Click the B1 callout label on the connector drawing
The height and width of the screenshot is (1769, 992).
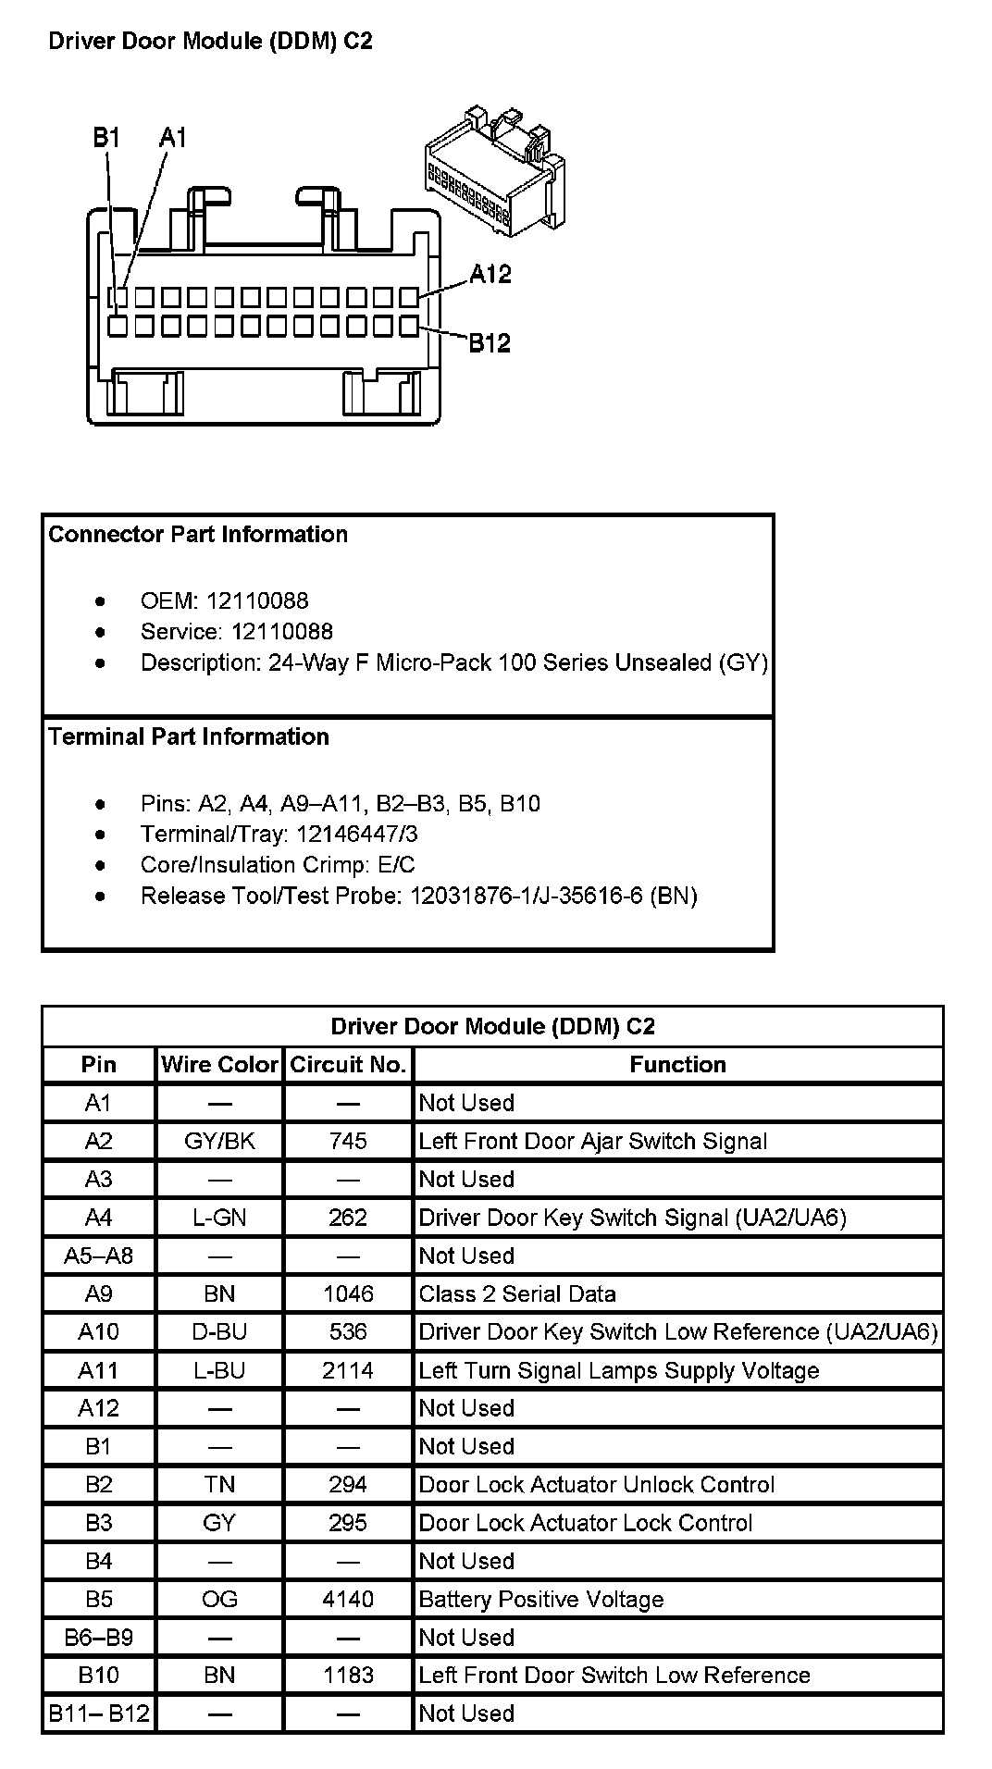click(106, 138)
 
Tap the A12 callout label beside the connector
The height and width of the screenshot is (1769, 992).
click(490, 274)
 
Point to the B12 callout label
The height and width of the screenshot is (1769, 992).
click(489, 343)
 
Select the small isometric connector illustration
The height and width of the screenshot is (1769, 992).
click(494, 171)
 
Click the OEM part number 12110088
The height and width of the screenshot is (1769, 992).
click(257, 601)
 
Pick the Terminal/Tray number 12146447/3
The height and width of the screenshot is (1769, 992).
click(356, 835)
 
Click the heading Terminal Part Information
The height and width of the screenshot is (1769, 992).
click(189, 736)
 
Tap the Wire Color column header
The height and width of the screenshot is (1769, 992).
click(219, 1065)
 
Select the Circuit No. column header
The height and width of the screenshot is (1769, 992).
click(348, 1065)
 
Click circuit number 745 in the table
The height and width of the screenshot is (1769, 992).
click(348, 1141)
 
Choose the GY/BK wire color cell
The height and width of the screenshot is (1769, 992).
click(219, 1141)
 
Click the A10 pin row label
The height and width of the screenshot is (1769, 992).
click(98, 1331)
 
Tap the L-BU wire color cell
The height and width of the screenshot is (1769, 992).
click(219, 1370)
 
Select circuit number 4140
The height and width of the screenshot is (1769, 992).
click(348, 1599)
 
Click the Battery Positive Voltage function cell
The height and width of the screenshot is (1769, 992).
click(541, 1599)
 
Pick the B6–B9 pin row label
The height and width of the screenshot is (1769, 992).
click(98, 1637)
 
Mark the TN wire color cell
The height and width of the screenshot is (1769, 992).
click(219, 1484)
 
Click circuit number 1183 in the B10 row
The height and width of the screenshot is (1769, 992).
click(348, 1675)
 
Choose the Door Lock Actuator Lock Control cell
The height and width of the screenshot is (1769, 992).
click(586, 1523)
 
